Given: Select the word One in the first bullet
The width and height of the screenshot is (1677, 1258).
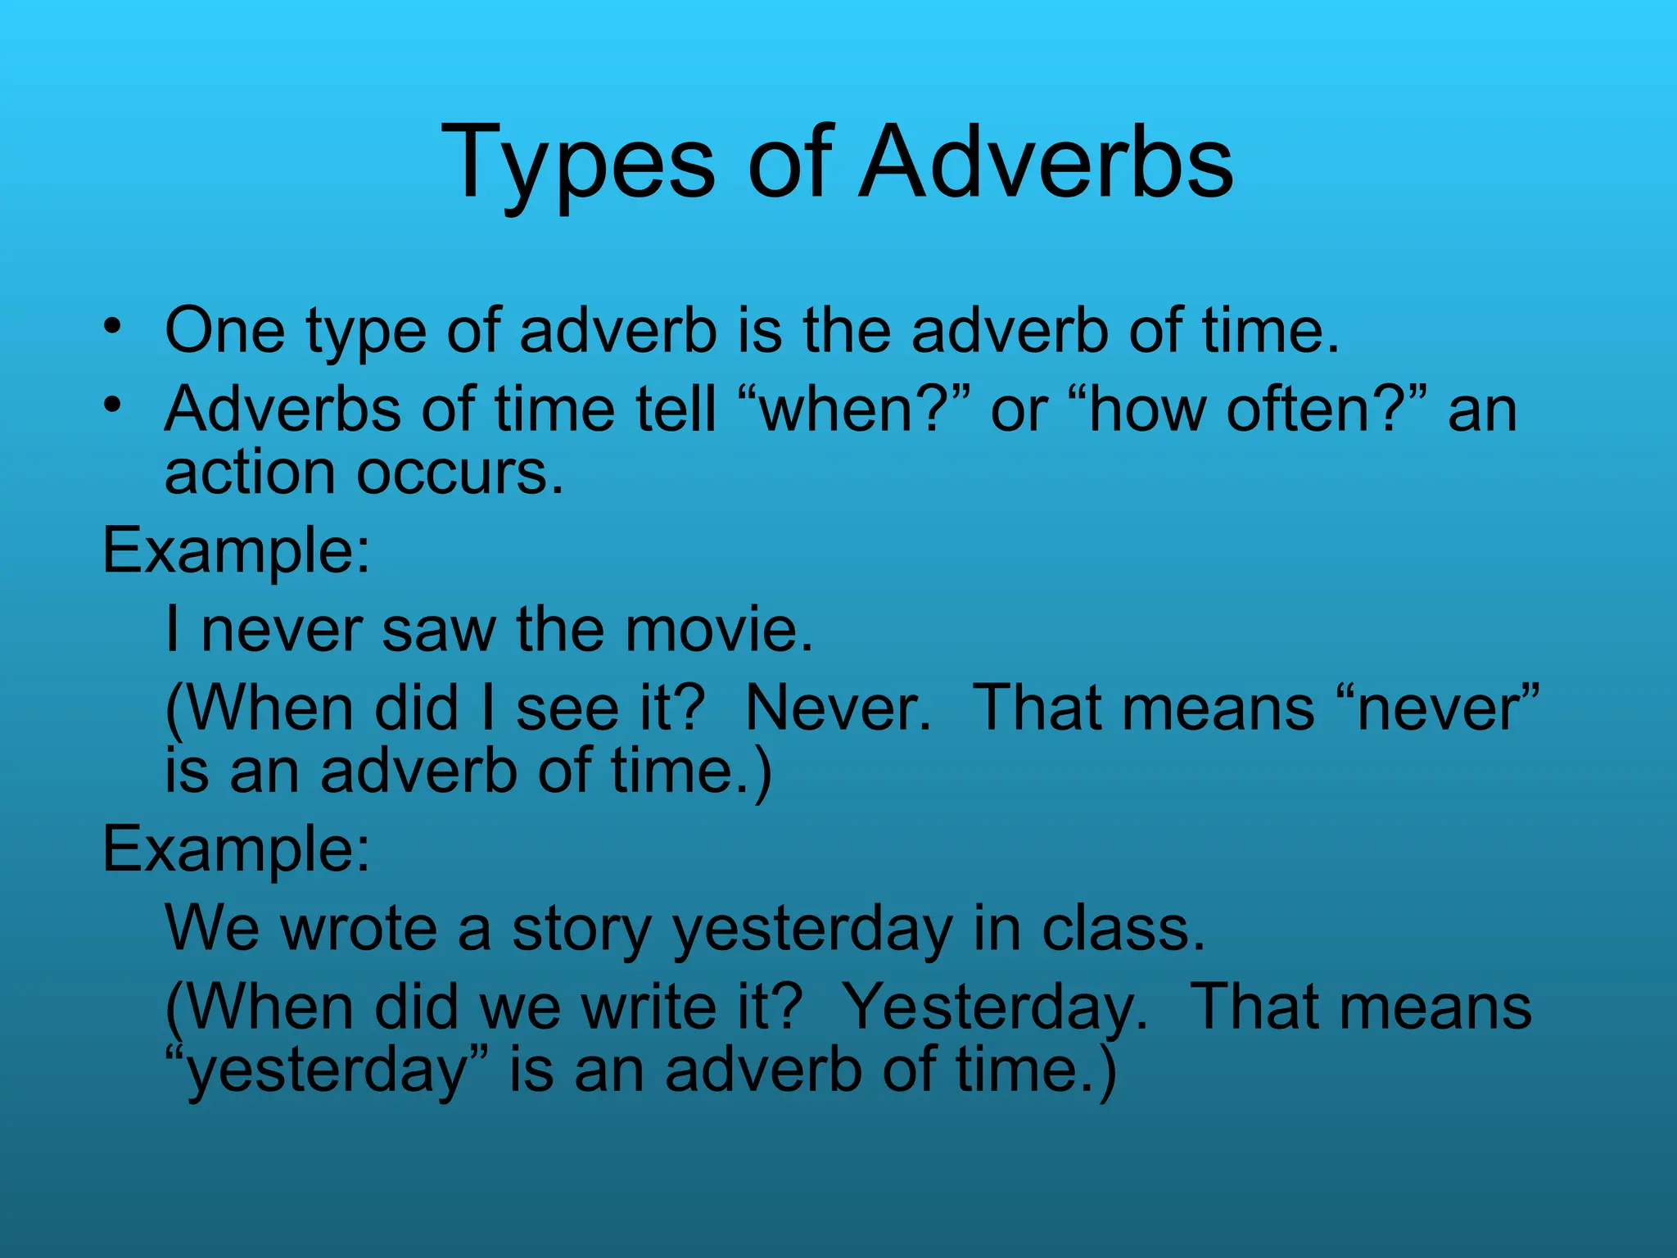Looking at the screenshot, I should point(225,330).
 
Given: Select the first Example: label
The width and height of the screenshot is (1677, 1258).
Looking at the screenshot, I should point(237,550).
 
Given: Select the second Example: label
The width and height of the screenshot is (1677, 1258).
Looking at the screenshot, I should point(237,848).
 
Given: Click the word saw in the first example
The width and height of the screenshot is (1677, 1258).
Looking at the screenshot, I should point(439,630).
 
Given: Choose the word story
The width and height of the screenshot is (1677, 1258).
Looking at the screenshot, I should point(581,929).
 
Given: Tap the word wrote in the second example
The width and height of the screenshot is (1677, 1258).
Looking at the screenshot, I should point(359,929).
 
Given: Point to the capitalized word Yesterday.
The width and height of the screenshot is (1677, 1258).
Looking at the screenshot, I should point(996,1007).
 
